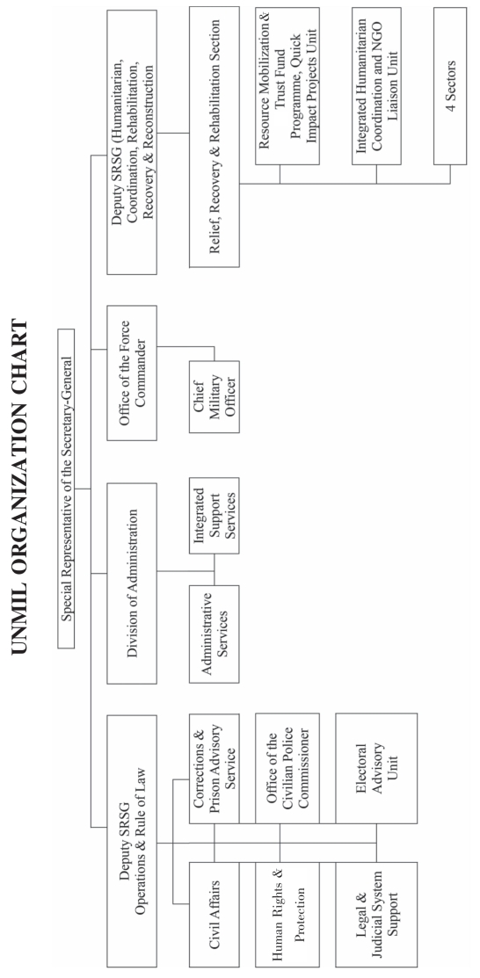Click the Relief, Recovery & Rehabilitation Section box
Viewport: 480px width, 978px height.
pyautogui.click(x=215, y=137)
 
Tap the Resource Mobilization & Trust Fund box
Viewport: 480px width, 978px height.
pyautogui.click(x=287, y=86)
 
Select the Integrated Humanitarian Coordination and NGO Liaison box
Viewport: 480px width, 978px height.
pyautogui.click(x=376, y=86)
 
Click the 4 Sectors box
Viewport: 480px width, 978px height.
pyautogui.click(x=450, y=86)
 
